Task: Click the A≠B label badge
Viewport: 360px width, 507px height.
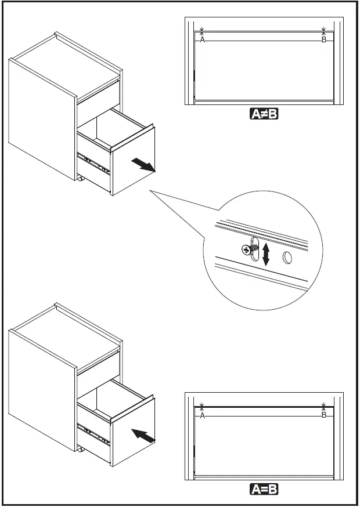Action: coord(264,114)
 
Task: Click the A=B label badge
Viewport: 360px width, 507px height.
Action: coord(264,490)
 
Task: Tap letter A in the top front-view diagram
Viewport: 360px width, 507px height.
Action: coord(202,40)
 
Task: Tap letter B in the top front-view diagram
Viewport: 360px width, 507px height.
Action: coord(323,40)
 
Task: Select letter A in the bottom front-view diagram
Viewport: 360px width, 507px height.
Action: coord(202,416)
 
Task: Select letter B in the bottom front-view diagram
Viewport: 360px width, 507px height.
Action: coord(323,416)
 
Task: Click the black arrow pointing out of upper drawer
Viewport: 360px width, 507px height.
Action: coord(143,165)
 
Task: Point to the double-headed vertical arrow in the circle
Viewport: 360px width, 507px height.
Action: coord(267,254)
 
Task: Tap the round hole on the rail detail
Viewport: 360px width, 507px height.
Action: coord(287,258)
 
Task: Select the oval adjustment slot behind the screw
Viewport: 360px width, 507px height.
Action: coord(254,251)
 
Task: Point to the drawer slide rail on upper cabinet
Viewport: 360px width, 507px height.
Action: coord(95,164)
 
